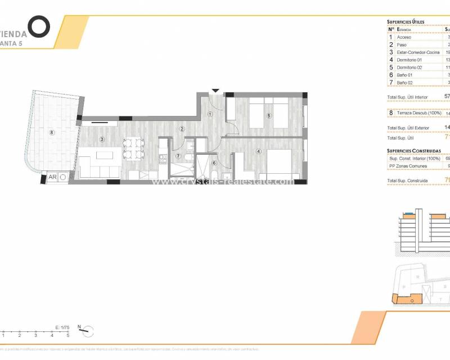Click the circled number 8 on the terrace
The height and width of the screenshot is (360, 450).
pyautogui.click(x=52, y=133)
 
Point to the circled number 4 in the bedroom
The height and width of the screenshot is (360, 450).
pyautogui.click(x=259, y=151)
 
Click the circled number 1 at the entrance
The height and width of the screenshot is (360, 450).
pyautogui.click(x=210, y=114)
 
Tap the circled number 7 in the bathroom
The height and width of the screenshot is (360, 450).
pyautogui.click(x=178, y=156)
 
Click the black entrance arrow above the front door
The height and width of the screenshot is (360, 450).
pyautogui.click(x=215, y=90)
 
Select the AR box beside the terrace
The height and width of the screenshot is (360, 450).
pyautogui.click(x=52, y=177)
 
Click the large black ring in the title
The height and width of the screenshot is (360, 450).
pyautogui.click(x=39, y=26)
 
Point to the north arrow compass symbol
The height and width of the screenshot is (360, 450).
pyautogui.click(x=87, y=331)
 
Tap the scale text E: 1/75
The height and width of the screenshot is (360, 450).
pyautogui.click(x=62, y=327)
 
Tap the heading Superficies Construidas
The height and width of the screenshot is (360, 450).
pyautogui.click(x=413, y=151)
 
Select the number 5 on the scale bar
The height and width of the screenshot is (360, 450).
pyautogui.click(x=68, y=335)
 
